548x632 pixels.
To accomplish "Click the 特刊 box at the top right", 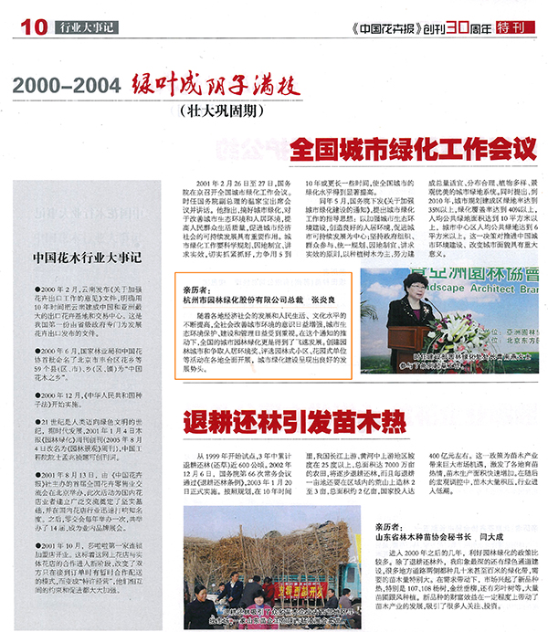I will (513, 28).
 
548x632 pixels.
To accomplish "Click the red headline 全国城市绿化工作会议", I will (415, 150).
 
